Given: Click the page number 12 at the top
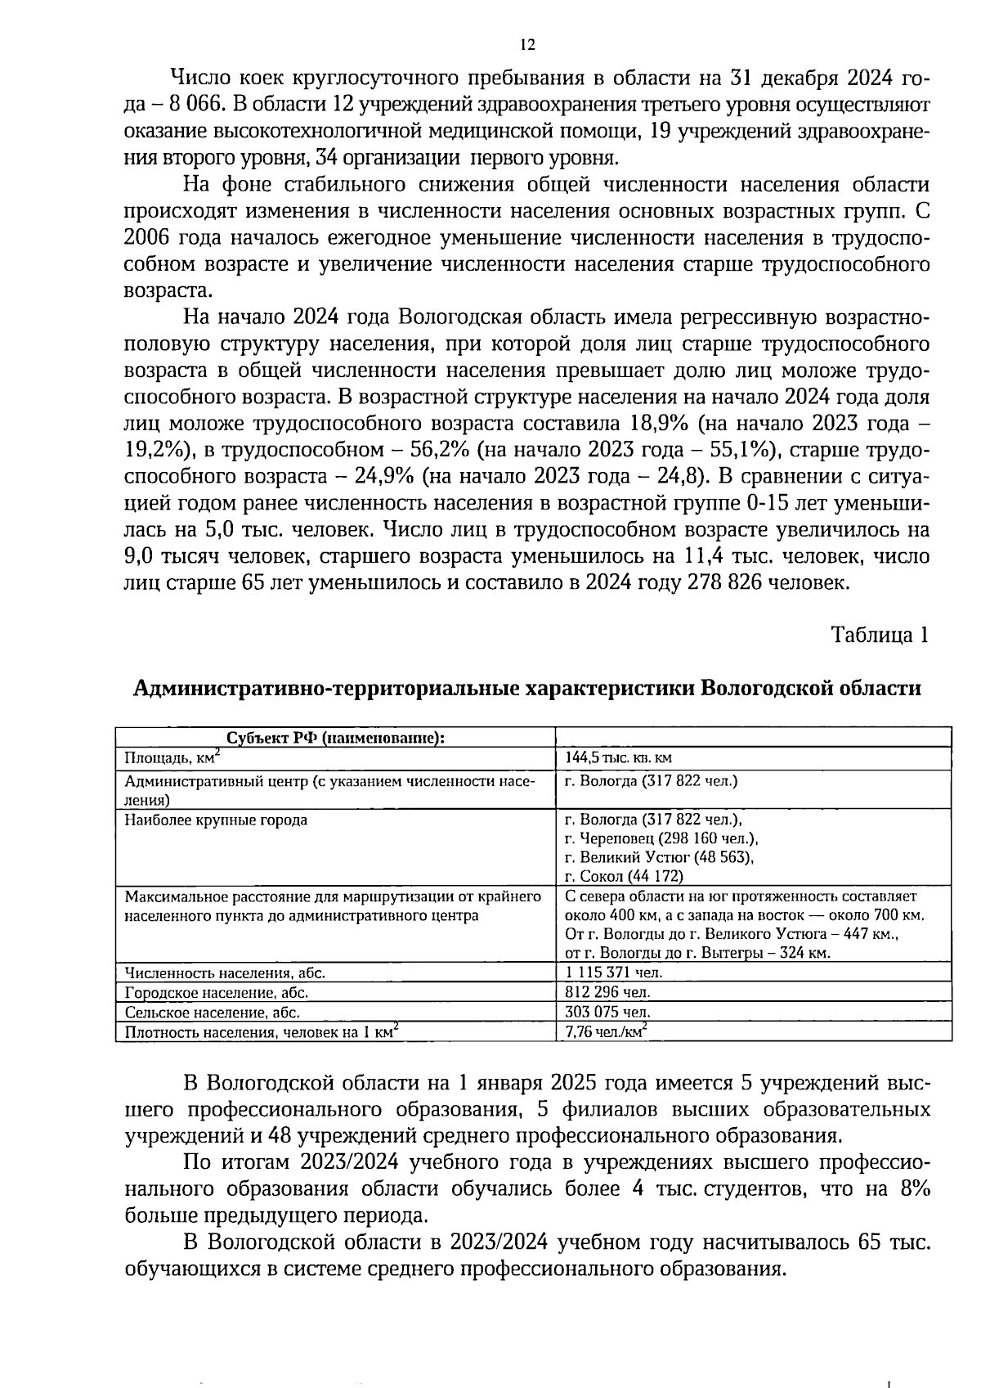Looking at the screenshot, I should pyautogui.click(x=527, y=45).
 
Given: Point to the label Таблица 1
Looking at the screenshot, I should pyautogui.click(x=880, y=635).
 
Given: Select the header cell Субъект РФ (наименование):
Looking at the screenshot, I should pyautogui.click(x=335, y=738).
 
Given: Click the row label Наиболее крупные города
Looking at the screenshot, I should pyautogui.click(x=216, y=820).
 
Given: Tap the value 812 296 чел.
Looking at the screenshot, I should pyautogui.click(x=607, y=992).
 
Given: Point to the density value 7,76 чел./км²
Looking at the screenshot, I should pyautogui.click(x=605, y=1031).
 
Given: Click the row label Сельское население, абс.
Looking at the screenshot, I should pyautogui.click(x=217, y=1013).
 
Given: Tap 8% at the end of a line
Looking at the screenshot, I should pyautogui.click(x=914, y=1189).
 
